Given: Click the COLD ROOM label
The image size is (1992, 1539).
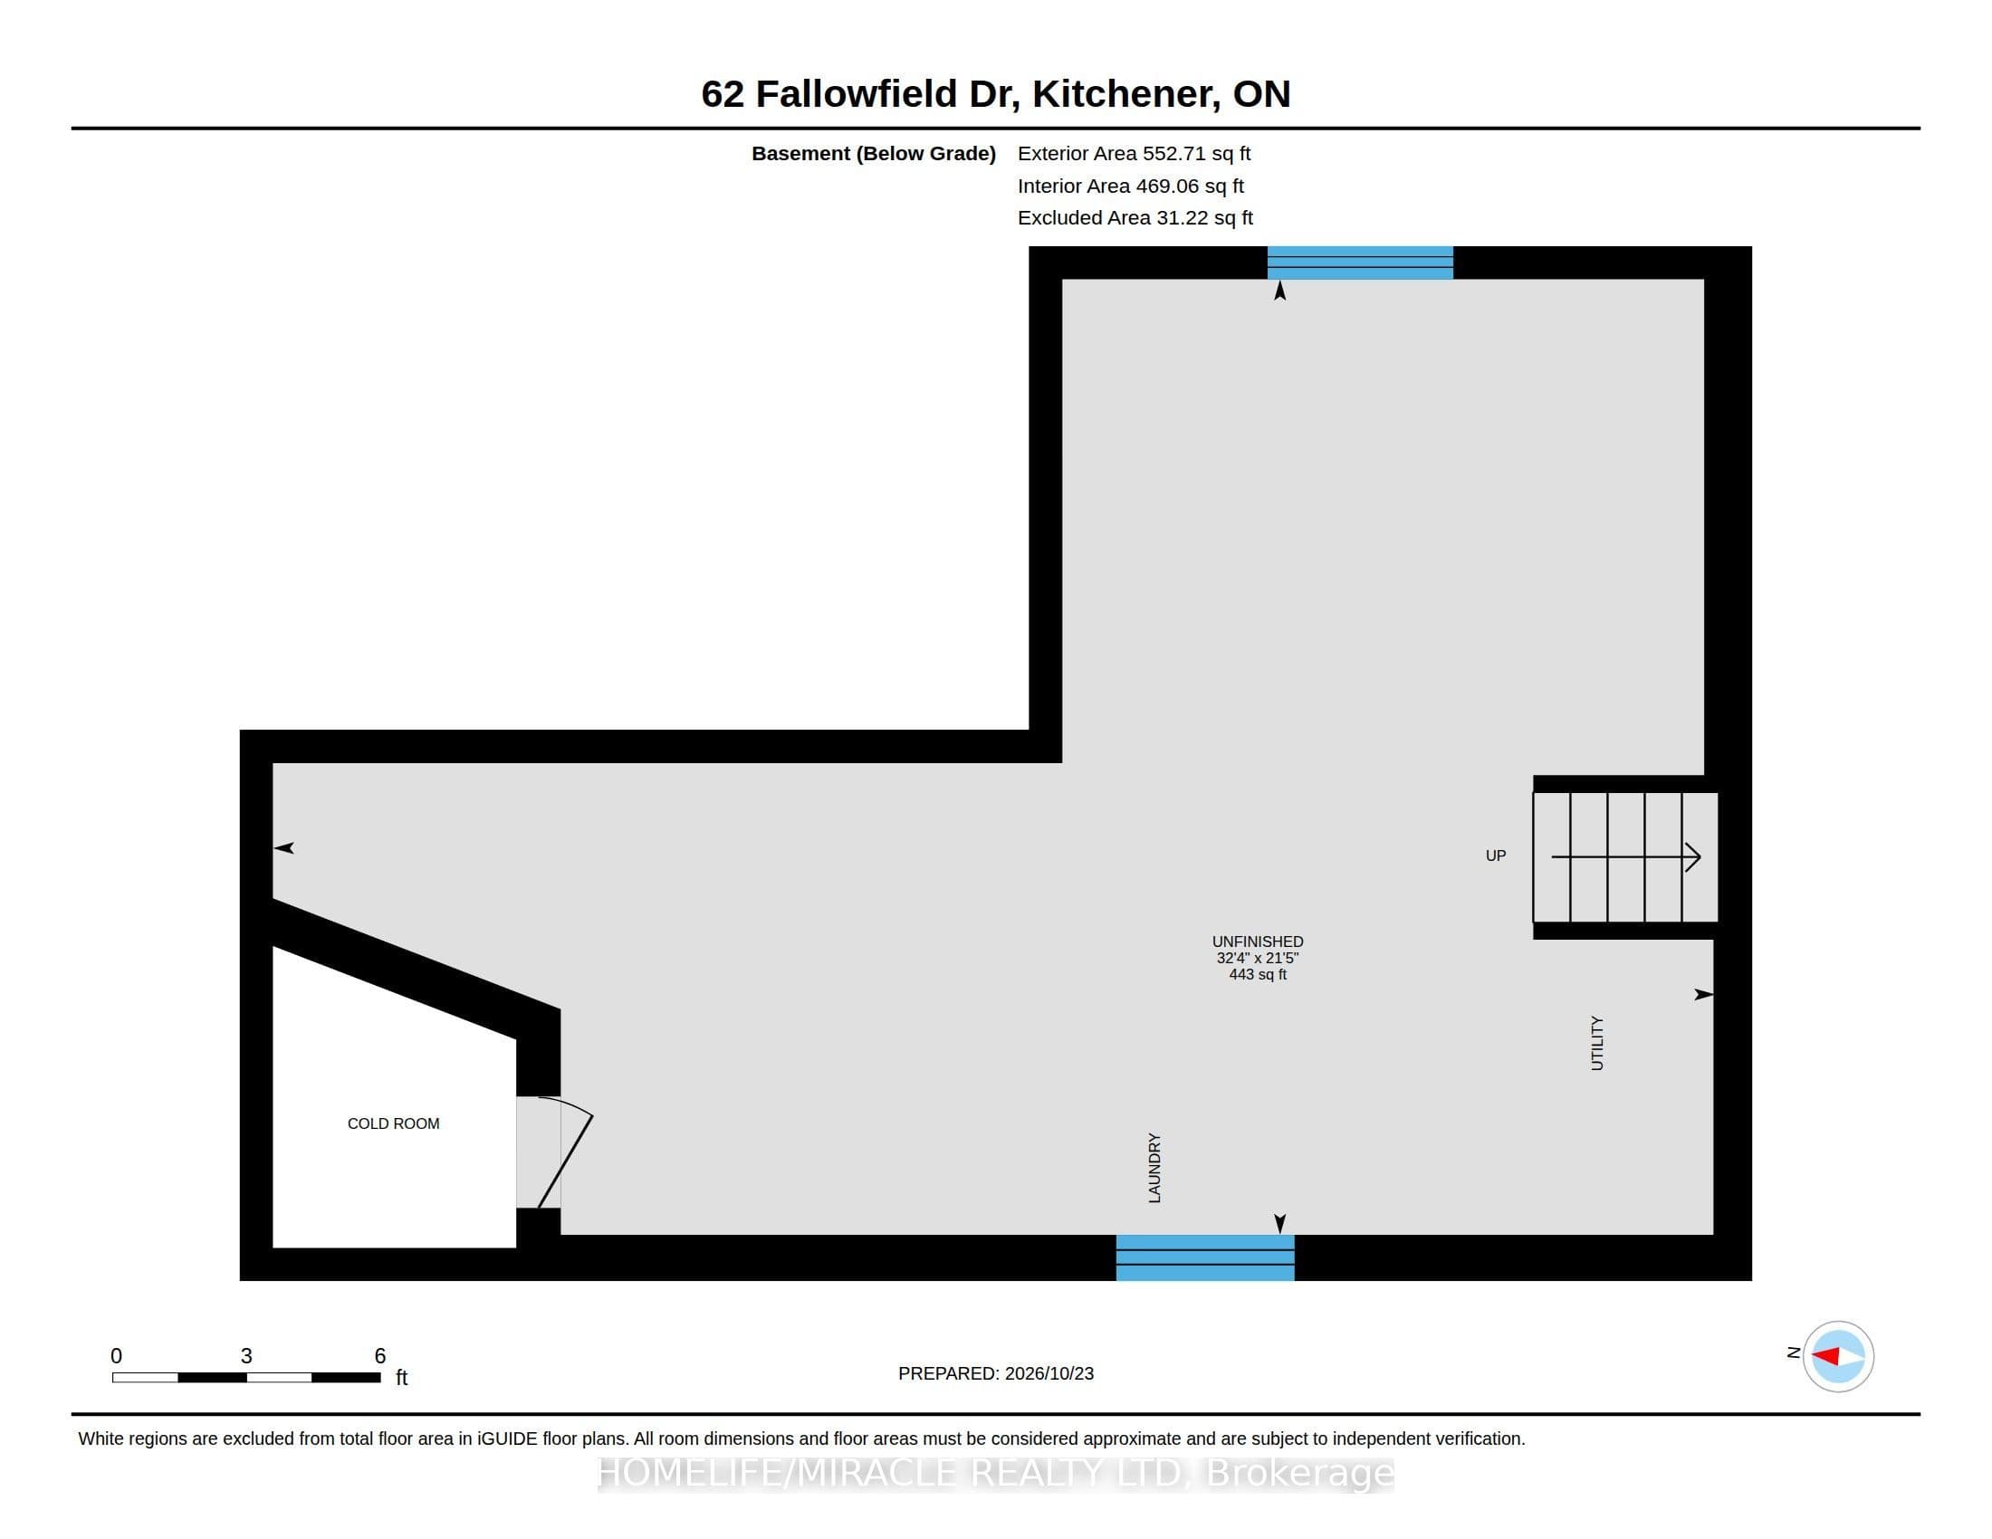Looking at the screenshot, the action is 393,1123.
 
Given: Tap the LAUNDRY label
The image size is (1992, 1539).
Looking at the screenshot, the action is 1154,1168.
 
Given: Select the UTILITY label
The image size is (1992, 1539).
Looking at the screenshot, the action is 1597,1043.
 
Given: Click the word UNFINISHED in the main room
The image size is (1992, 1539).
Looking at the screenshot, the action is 1258,941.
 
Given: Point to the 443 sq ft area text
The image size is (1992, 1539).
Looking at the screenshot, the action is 1258,974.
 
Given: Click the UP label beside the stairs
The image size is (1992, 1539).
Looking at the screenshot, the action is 1496,856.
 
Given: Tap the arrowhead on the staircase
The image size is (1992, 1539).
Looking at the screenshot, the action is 1694,857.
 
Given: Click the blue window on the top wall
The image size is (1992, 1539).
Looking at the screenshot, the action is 1360,263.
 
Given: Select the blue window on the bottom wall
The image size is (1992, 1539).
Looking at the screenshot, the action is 1205,1257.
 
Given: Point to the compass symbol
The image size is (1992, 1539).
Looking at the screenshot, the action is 1838,1357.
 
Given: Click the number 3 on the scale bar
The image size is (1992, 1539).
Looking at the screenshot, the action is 246,1356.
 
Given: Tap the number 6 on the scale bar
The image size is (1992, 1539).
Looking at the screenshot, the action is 380,1356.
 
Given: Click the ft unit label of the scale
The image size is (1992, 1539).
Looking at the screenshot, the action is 401,1378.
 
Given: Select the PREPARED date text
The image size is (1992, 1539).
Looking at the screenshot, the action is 996,1373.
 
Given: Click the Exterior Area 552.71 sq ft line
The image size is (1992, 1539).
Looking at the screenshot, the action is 1134,153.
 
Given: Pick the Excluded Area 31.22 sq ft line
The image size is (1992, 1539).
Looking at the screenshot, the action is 1135,217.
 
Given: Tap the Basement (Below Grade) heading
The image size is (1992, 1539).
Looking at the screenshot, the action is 873,153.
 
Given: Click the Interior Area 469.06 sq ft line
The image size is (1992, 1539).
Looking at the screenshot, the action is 1131,186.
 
